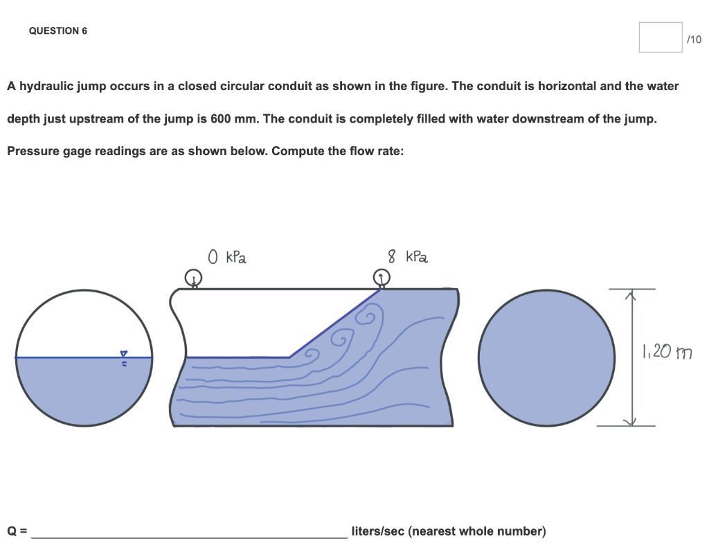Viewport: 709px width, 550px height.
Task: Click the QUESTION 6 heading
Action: (x=58, y=31)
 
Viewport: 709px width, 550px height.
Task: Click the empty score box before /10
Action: (x=660, y=37)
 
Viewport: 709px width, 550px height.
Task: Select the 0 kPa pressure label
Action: (x=227, y=258)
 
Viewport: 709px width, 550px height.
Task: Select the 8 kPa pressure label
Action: (x=408, y=258)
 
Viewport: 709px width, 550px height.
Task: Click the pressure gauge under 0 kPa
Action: (x=195, y=278)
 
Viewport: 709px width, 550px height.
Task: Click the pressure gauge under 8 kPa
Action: (x=382, y=278)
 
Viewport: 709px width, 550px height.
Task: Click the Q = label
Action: (x=17, y=531)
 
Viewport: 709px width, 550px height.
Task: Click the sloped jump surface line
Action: (x=335, y=323)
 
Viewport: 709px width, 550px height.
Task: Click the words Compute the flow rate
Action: (x=337, y=151)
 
